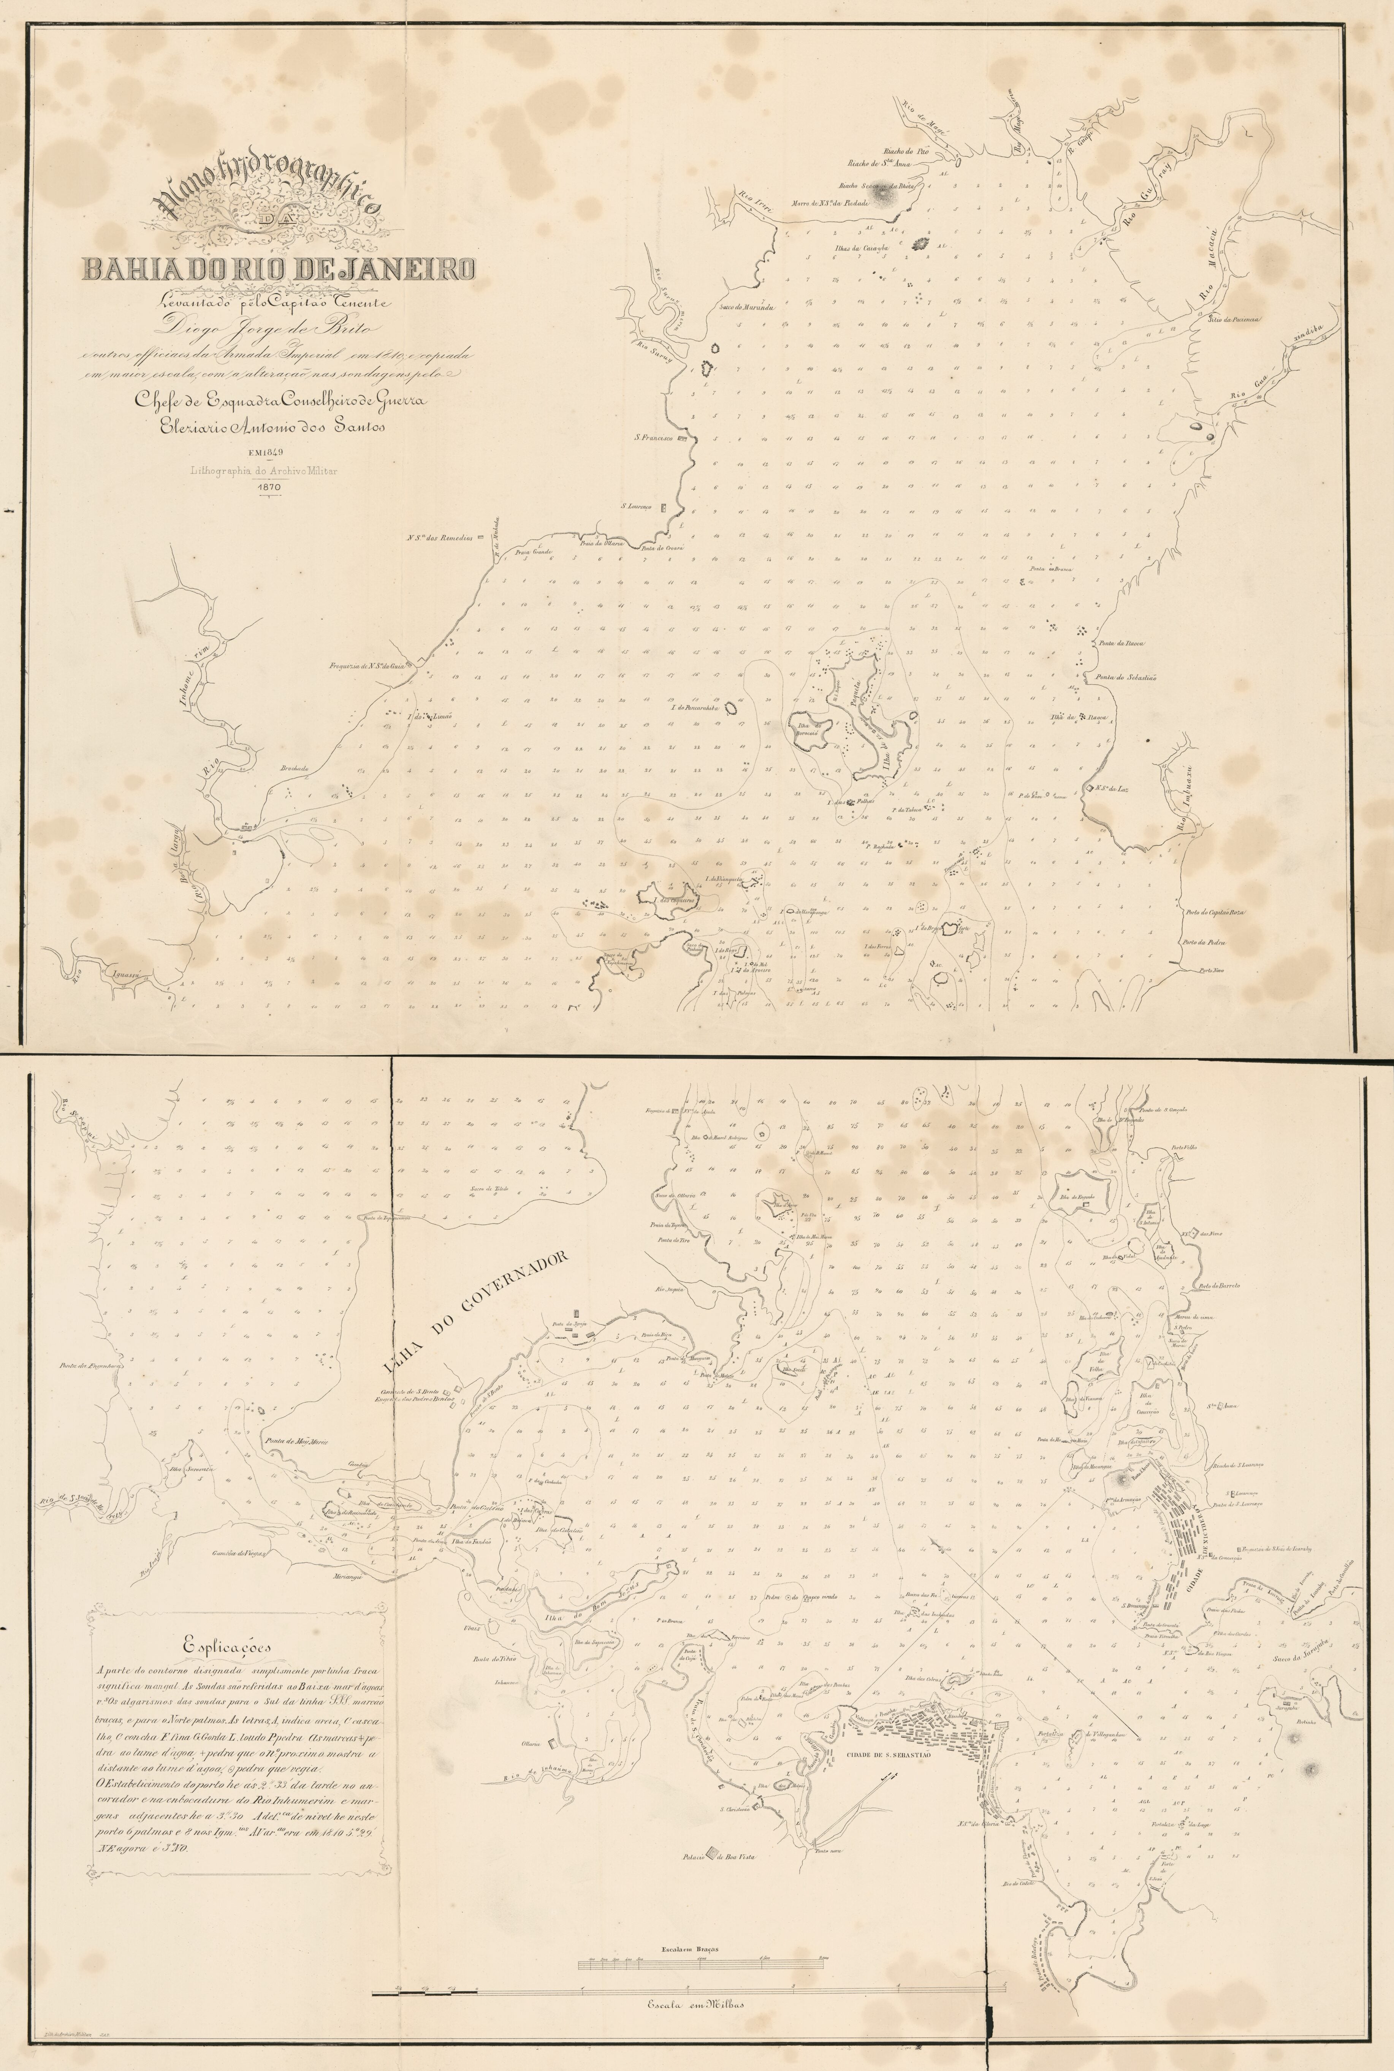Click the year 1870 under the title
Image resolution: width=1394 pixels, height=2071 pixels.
tap(268, 488)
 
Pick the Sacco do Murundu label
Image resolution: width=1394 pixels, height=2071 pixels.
tap(742, 307)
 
